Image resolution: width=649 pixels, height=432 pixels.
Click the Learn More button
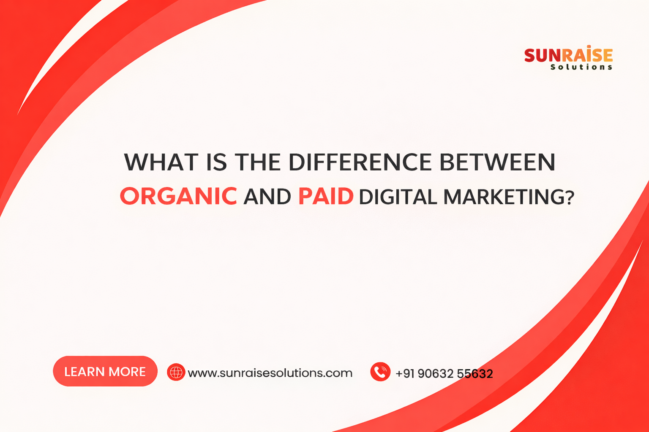[x=105, y=371]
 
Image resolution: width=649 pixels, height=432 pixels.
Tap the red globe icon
[x=176, y=372]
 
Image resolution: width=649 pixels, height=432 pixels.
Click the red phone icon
[x=380, y=372]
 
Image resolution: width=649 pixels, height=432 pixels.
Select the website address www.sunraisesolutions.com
[x=270, y=373]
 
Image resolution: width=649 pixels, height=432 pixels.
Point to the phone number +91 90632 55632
[x=444, y=373]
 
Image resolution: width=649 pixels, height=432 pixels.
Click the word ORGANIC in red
[x=178, y=196]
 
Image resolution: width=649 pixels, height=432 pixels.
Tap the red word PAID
[x=326, y=196]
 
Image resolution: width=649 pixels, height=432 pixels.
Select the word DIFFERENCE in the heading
[x=360, y=162]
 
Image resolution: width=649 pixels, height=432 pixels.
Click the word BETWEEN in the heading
[x=497, y=162]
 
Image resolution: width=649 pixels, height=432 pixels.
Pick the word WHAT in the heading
[x=161, y=162]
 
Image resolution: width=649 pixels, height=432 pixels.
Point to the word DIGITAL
[x=398, y=197]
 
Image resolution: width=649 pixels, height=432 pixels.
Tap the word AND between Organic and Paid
[x=267, y=197]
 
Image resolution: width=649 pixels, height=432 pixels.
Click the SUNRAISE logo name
[x=568, y=55]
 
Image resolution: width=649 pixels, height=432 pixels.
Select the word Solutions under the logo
[x=581, y=67]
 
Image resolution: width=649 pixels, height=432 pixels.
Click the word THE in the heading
[x=258, y=162]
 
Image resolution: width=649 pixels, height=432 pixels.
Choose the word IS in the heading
[x=216, y=162]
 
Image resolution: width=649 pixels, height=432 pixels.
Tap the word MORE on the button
[x=127, y=372]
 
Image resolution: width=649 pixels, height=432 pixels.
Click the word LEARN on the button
[x=84, y=372]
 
